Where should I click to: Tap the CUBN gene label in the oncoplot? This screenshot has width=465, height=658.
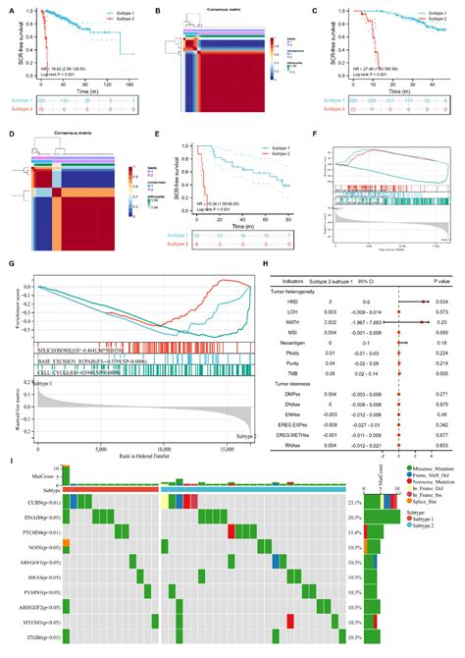37,502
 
